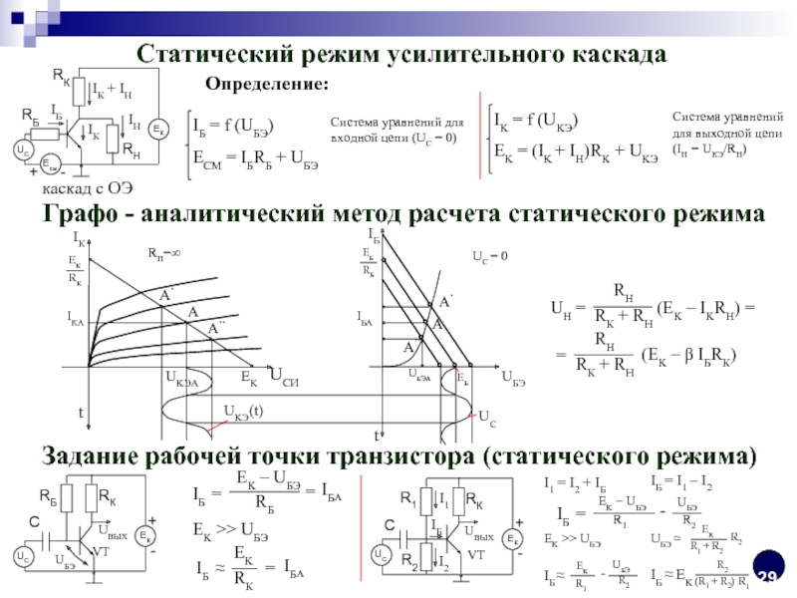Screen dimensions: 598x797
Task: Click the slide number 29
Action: point(767,579)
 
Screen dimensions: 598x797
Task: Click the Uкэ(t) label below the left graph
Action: point(243,411)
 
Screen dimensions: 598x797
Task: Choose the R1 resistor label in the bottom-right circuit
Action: point(406,498)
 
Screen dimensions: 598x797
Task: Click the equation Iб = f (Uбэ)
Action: point(233,126)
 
